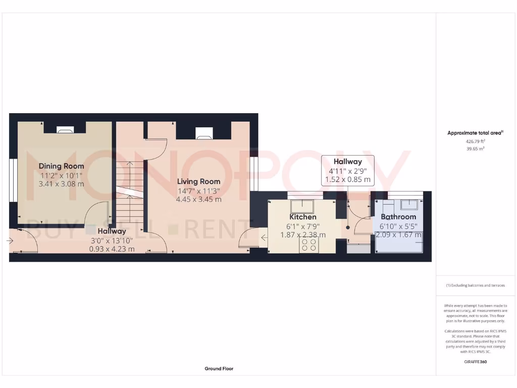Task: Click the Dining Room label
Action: point(62,166)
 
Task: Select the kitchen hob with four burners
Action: point(309,245)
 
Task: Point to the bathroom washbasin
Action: point(409,204)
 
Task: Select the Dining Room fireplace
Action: point(64,130)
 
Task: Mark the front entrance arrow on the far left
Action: point(10,241)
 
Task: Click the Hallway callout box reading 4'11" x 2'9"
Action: point(348,171)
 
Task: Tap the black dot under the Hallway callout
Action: point(348,228)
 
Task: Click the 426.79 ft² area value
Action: point(475,142)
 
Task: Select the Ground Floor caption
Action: point(219,369)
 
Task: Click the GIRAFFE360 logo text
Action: point(475,362)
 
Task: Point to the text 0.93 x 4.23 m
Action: point(112,249)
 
